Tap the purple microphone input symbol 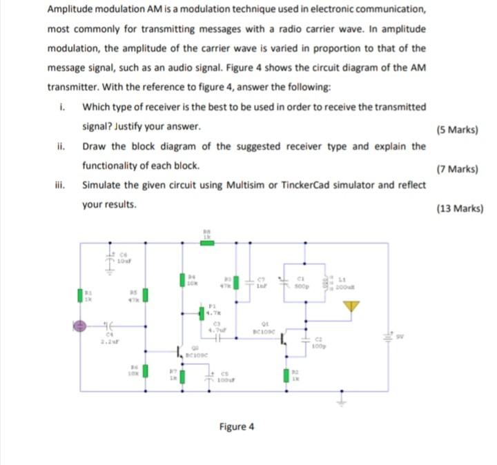79,324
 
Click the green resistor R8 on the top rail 207,243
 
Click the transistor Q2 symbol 181,352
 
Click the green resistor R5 146,295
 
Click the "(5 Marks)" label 458,130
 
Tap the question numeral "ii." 61,146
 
